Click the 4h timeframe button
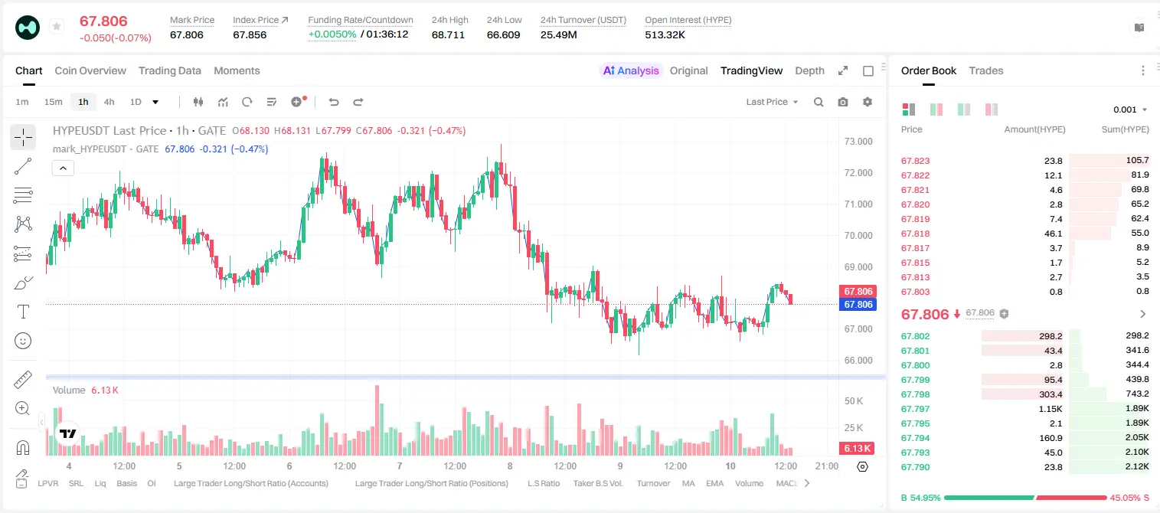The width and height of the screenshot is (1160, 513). pyautogui.click(x=109, y=102)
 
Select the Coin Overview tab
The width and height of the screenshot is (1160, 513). pyautogui.click(x=90, y=70)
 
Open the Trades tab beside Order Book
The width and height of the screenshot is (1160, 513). pyautogui.click(x=986, y=70)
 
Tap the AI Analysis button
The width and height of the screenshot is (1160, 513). pyautogui.click(x=631, y=70)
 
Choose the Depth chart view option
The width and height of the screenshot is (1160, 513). pyautogui.click(x=809, y=70)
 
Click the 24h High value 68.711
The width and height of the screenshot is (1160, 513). pyautogui.click(x=448, y=34)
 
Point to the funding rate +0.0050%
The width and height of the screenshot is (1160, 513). pyautogui.click(x=332, y=34)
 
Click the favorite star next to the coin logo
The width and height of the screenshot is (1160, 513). pyautogui.click(x=57, y=26)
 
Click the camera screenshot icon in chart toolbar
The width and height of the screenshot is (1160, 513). pyautogui.click(x=843, y=102)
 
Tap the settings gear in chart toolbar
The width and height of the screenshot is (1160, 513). pyautogui.click(x=868, y=102)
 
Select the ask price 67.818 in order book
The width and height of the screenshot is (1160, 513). pyautogui.click(x=915, y=234)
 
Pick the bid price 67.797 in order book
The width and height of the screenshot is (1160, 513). pyautogui.click(x=915, y=409)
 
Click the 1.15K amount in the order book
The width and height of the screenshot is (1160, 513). pyautogui.click(x=1051, y=409)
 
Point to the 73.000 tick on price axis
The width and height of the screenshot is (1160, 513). pyautogui.click(x=858, y=142)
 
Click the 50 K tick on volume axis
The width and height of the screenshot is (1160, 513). pyautogui.click(x=854, y=400)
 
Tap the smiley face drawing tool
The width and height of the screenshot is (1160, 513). pyautogui.click(x=23, y=341)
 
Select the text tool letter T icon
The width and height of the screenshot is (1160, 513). pyautogui.click(x=23, y=312)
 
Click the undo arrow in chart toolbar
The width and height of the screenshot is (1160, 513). pyautogui.click(x=334, y=102)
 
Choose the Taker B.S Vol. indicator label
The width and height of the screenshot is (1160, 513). pyautogui.click(x=597, y=483)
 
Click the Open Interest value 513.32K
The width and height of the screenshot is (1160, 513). pyautogui.click(x=665, y=34)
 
